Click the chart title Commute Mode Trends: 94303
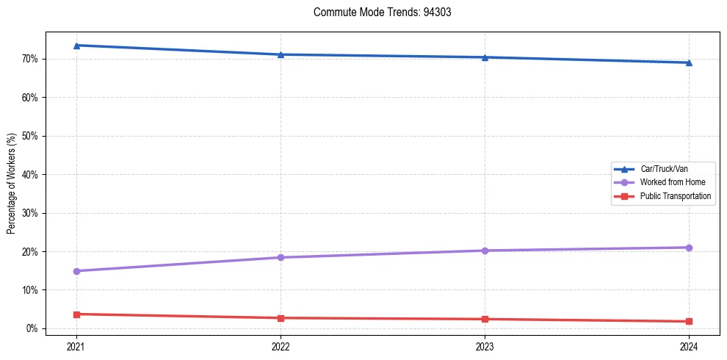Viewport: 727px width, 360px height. [x=377, y=12]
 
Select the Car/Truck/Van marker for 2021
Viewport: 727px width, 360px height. [x=76, y=46]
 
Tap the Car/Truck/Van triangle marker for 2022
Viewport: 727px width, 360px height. [x=281, y=54]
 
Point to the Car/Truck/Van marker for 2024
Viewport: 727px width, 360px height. [x=689, y=62]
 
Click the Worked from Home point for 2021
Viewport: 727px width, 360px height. [x=76, y=271]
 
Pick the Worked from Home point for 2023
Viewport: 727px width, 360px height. [x=485, y=251]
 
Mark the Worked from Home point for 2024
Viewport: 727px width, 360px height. [x=689, y=248]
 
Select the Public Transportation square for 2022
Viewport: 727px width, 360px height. [x=281, y=318]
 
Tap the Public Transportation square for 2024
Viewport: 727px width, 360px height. [x=689, y=321]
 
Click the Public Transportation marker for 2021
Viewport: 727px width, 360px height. [x=76, y=314]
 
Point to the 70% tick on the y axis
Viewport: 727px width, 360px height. [x=30, y=59]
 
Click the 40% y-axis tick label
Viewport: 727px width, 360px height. [x=30, y=175]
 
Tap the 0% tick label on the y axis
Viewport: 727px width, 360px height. [x=32, y=328]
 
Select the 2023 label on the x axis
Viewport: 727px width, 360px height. [x=485, y=346]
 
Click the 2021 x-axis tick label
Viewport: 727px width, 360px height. [x=76, y=346]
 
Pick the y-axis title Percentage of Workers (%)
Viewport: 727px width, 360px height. [x=12, y=184]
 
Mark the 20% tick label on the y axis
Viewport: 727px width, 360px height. [x=30, y=252]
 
